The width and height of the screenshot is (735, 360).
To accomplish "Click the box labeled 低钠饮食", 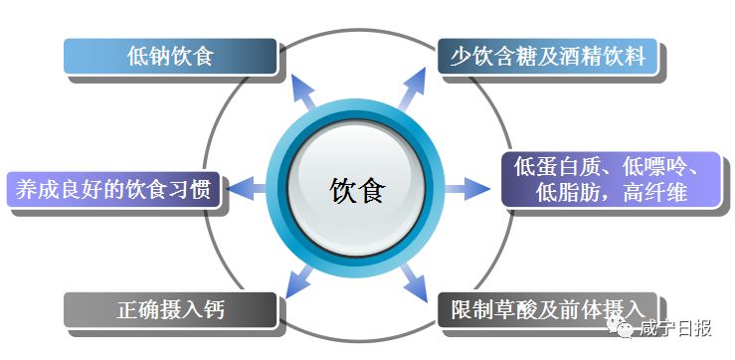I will click(169, 57).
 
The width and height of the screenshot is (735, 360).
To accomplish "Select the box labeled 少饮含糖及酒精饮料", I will click(547, 57).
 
